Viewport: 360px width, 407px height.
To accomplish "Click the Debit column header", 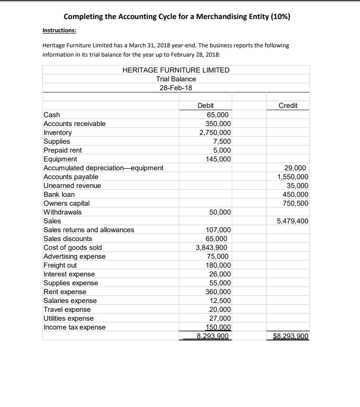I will (x=205, y=105).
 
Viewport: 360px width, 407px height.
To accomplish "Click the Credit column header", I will (x=288, y=105).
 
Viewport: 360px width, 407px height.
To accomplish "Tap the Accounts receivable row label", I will (x=74, y=124).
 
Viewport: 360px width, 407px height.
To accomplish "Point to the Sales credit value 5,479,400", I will (x=292, y=221).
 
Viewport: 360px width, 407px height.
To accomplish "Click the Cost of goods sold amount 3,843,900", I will (x=213, y=248).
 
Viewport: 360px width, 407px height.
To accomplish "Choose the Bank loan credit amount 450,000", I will (x=295, y=195).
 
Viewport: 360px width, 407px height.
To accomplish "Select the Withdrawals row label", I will (x=62, y=212).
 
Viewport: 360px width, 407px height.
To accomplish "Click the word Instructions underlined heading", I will (x=59, y=31).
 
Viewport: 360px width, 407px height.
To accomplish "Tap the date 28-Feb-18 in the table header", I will (x=176, y=88).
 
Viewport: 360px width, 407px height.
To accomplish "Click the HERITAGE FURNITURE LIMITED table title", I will (x=176, y=70).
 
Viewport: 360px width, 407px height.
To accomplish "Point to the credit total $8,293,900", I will (x=291, y=336).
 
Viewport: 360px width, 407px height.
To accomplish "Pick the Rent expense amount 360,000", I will (x=218, y=292).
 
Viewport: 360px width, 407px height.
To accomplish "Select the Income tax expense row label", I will (x=74, y=327).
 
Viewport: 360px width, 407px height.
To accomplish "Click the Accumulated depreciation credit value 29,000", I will (x=298, y=168).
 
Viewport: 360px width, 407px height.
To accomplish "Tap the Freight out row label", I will (x=60, y=265).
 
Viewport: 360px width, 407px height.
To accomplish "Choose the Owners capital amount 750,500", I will (x=295, y=203).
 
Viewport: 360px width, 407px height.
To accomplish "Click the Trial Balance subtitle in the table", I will (x=176, y=79).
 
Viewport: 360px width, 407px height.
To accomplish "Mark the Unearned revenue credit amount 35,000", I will (x=298, y=186).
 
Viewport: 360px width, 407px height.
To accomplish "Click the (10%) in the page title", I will (x=280, y=17).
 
